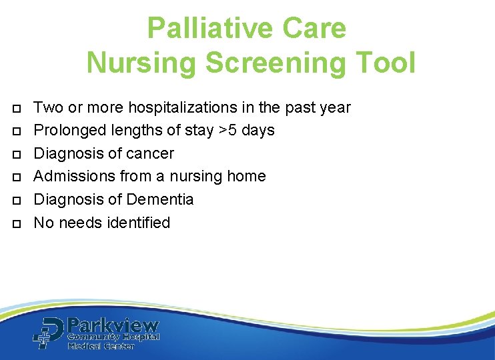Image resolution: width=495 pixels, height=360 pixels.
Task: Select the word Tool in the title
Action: [x=387, y=63]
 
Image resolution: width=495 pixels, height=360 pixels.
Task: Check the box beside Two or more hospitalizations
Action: [x=16, y=108]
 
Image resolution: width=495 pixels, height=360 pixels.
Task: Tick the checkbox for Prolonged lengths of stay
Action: [x=16, y=131]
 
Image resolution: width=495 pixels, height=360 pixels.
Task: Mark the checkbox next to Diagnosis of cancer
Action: [x=16, y=154]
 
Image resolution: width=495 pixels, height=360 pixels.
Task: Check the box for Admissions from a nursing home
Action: [x=16, y=177]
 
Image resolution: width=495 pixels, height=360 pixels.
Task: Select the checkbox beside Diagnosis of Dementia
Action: [x=16, y=200]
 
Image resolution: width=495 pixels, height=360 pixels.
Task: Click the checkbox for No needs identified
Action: [x=16, y=223]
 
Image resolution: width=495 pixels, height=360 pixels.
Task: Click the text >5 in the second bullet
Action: [x=228, y=130]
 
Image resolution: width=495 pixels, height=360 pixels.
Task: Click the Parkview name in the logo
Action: [x=113, y=326]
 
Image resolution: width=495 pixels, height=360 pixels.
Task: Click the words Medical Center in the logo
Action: [x=101, y=346]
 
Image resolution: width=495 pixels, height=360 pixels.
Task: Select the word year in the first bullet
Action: [x=334, y=107]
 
